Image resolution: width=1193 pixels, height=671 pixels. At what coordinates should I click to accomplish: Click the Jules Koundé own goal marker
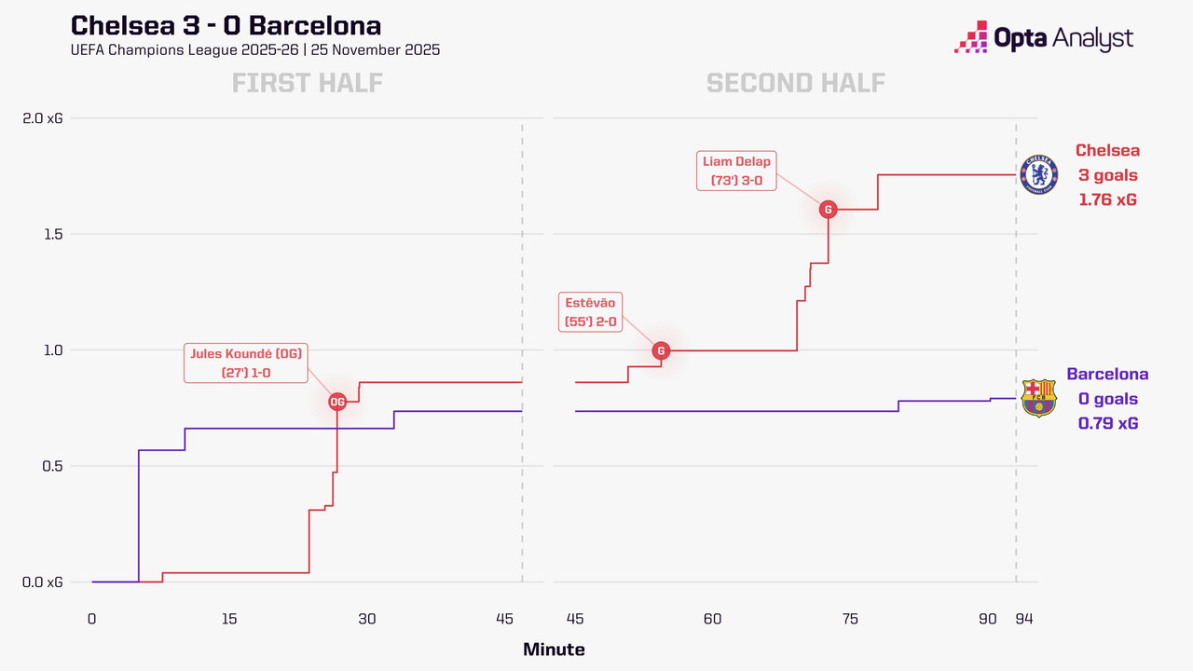(337, 402)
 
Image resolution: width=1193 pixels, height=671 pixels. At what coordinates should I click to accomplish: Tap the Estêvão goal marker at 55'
(661, 350)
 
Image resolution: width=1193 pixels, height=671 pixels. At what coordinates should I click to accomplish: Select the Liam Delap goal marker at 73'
(828, 210)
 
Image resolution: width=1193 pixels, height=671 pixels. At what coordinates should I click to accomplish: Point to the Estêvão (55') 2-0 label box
(590, 312)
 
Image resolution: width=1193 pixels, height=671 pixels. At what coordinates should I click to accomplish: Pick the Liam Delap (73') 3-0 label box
(736, 171)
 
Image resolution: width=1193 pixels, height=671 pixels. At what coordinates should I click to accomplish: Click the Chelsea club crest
(1039, 174)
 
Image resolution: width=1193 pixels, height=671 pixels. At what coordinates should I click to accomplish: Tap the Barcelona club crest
(1039, 398)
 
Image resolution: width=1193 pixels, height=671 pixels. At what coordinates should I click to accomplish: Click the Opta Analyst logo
(1044, 38)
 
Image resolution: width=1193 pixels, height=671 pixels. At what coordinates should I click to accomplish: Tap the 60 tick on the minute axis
(712, 618)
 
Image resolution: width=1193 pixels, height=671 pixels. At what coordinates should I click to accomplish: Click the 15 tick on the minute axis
(229, 618)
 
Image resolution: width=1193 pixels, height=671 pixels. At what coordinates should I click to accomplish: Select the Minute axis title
(554, 650)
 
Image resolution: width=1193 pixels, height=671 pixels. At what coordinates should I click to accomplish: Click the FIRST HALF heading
(308, 83)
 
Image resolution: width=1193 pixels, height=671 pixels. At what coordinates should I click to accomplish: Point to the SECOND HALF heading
(796, 83)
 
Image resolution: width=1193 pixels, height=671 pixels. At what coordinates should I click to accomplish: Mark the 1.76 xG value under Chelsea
(1107, 199)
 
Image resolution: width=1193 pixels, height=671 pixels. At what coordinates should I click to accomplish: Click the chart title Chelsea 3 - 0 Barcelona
(226, 25)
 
